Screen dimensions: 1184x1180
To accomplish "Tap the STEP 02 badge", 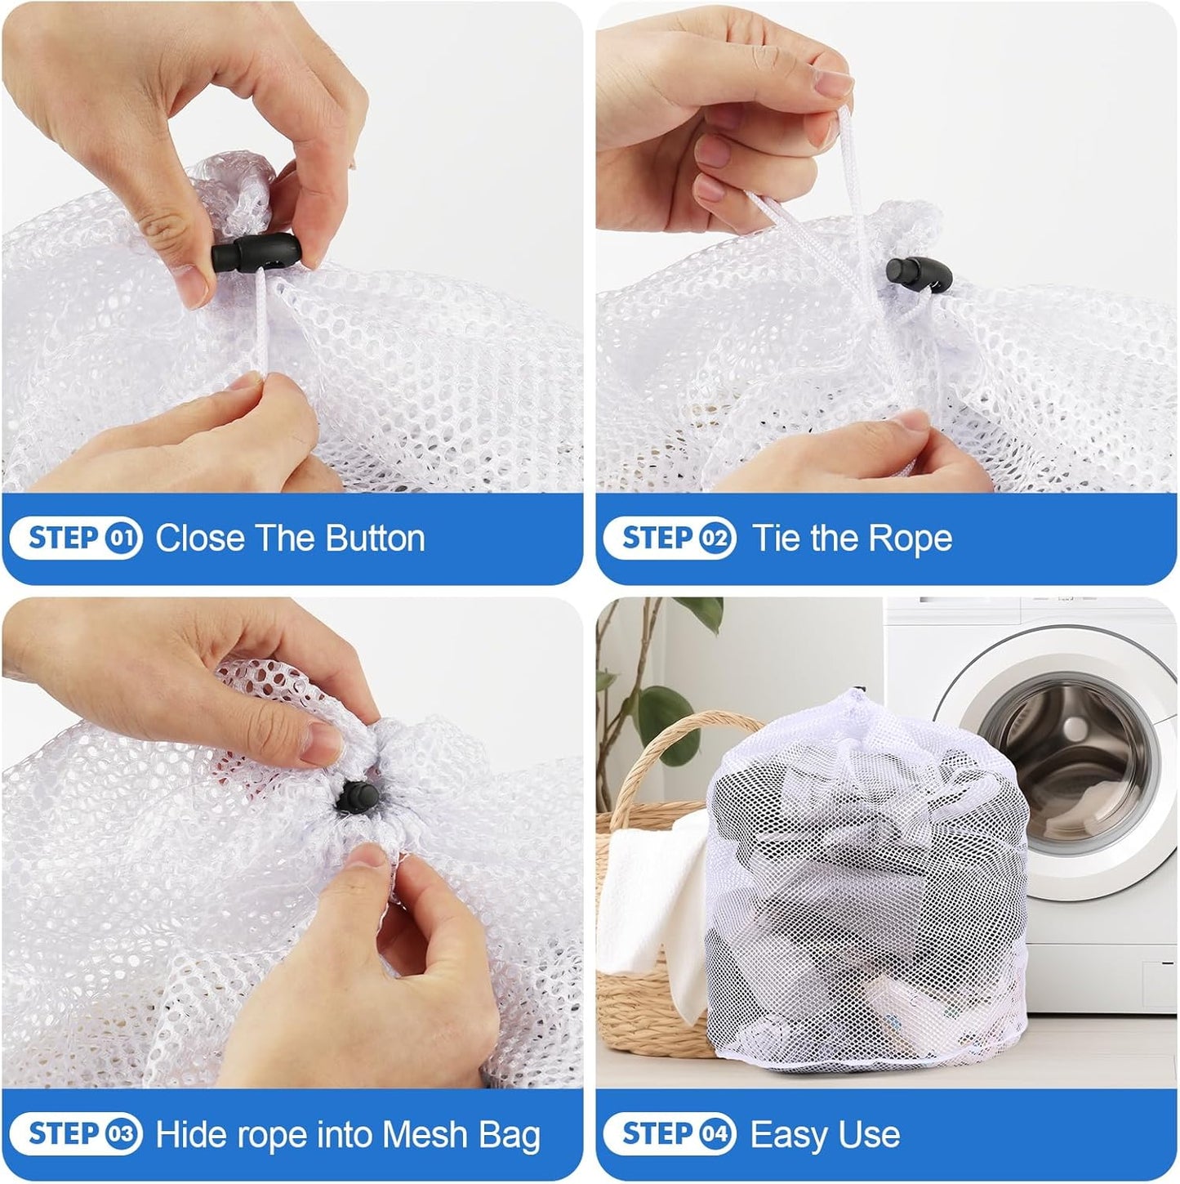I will [670, 538].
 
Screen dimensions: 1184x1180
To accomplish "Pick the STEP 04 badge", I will [670, 1134].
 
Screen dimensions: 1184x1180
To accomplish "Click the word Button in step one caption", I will [375, 538].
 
